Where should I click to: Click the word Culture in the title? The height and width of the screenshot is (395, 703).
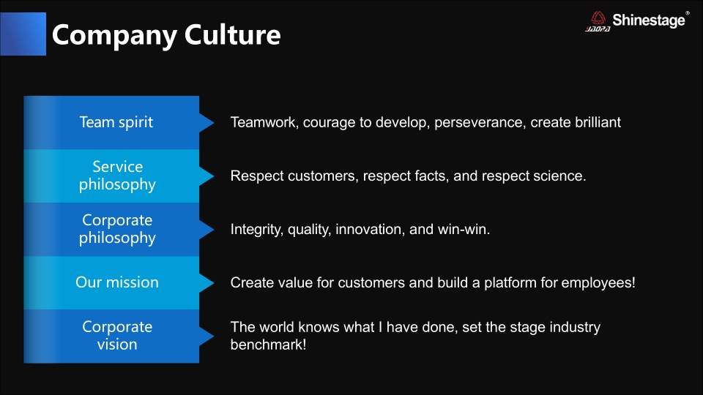point(232,35)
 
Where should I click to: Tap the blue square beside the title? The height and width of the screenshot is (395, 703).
point(23,34)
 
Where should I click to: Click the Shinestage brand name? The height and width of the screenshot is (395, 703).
point(649,20)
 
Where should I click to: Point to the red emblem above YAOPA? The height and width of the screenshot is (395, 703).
point(598,18)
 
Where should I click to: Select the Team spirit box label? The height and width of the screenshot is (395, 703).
point(116,122)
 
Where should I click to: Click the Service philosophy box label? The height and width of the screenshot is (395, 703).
point(117,176)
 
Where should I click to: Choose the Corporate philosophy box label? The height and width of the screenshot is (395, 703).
point(117,229)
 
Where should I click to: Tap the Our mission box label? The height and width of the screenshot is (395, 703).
point(117,282)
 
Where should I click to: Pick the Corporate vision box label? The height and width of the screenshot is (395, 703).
point(117,336)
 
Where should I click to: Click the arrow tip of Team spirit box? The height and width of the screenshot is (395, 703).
point(214,123)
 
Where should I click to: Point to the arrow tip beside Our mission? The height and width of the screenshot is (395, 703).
point(214,282)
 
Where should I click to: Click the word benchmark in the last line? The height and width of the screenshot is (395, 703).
point(268,345)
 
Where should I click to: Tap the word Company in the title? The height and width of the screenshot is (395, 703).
point(114,36)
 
